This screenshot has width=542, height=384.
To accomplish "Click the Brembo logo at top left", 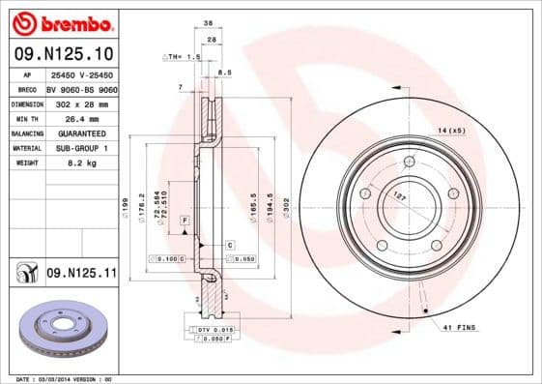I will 60,22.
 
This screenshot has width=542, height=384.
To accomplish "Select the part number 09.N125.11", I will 81,275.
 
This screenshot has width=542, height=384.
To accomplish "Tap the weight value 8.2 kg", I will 80,163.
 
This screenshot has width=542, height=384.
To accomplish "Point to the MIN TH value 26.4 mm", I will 80,118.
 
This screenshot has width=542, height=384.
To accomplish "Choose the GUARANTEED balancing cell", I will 81,133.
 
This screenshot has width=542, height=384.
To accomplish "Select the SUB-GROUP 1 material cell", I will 81,148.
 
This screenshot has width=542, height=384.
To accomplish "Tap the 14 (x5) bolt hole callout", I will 451,129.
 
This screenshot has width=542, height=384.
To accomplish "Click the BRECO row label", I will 26,88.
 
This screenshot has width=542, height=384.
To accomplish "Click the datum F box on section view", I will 183,222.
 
